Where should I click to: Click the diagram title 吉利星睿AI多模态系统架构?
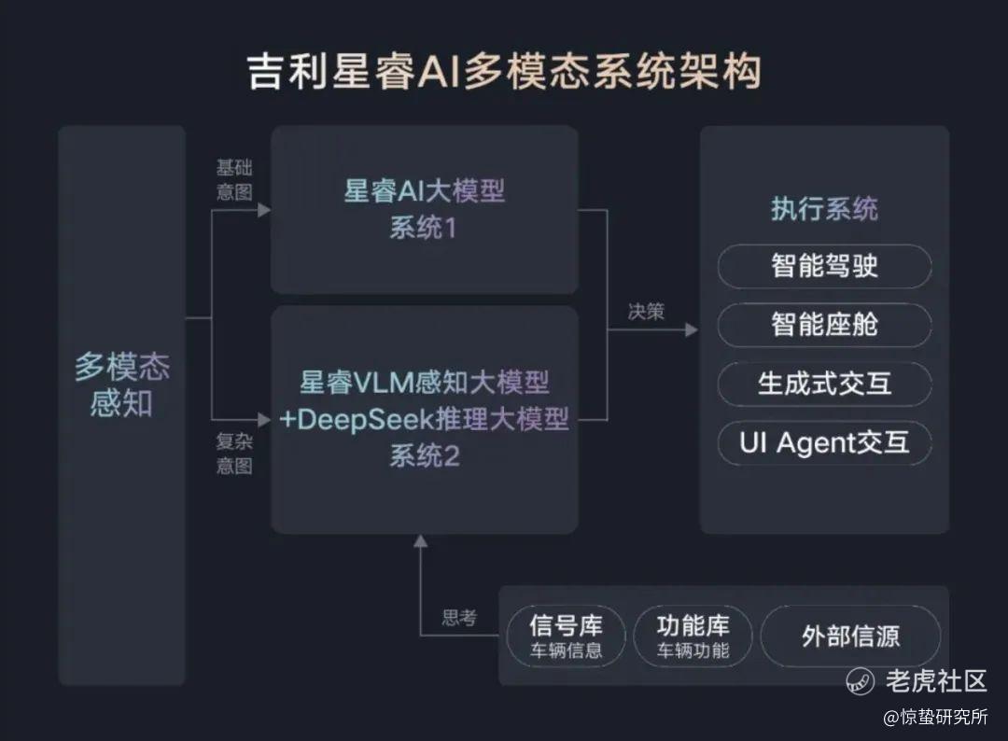(x=504, y=72)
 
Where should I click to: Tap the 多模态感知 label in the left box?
(x=121, y=385)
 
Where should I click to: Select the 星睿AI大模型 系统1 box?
(x=424, y=209)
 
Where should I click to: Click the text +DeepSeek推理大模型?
(x=425, y=419)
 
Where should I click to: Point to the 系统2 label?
(x=425, y=457)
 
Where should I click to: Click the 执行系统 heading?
(x=824, y=209)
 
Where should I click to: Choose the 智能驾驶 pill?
(x=824, y=267)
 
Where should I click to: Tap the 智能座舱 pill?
(x=824, y=325)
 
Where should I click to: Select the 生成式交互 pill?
(x=824, y=384)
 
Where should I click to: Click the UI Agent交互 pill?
(x=824, y=442)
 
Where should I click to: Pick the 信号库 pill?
(x=566, y=636)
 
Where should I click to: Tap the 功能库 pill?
(x=693, y=636)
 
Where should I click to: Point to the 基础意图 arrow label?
(x=234, y=179)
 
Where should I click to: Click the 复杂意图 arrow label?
(x=234, y=454)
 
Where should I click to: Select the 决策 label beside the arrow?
(x=646, y=312)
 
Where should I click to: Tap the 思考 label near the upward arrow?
(x=459, y=618)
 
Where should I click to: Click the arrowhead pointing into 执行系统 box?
(x=691, y=329)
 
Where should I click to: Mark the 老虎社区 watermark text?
(x=935, y=680)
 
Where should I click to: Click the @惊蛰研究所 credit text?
(x=935, y=717)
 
